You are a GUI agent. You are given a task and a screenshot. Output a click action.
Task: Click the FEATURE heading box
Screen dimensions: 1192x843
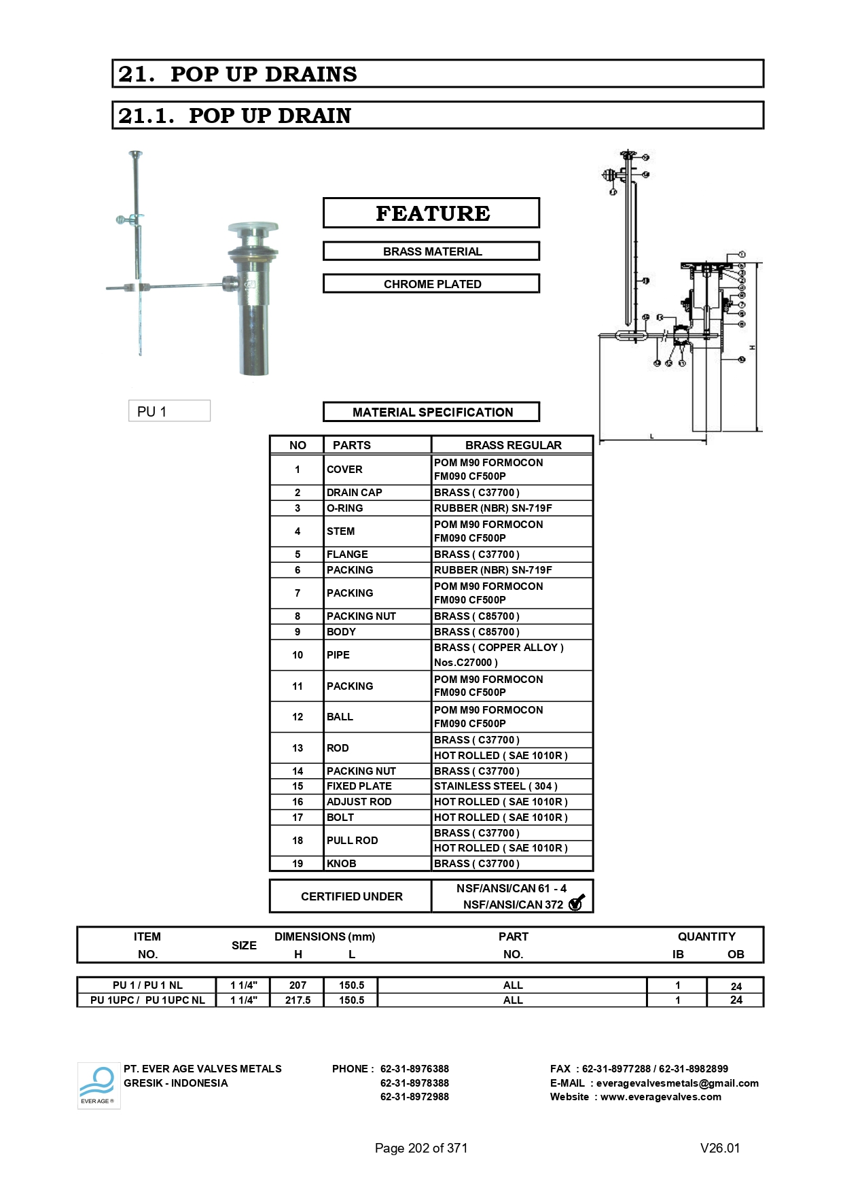pos(431,213)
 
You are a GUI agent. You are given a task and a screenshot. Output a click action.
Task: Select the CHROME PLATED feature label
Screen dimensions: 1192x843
pos(431,284)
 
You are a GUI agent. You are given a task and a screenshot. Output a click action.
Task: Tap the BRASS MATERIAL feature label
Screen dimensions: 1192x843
pos(431,251)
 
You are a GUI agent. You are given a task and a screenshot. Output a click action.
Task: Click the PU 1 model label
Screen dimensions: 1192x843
pos(169,411)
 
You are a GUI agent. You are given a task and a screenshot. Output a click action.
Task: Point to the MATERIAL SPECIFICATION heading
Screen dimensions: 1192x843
pos(431,413)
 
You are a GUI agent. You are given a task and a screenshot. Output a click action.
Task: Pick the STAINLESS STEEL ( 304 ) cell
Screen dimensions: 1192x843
pos(495,786)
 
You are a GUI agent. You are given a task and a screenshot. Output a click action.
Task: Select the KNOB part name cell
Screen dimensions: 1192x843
pos(342,864)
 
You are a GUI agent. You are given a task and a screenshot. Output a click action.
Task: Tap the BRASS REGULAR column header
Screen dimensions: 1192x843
pos(513,445)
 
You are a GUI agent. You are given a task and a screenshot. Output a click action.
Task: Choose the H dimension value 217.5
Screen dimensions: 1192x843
pos(298,1000)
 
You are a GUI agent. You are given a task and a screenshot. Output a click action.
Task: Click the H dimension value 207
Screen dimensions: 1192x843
pos(298,985)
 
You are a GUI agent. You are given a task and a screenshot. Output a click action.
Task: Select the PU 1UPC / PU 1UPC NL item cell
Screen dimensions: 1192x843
pos(147,1000)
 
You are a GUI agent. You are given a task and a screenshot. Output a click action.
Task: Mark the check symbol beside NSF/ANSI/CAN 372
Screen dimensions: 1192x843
pos(576,903)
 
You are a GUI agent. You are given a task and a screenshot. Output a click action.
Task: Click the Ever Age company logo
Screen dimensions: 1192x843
pos(98,1085)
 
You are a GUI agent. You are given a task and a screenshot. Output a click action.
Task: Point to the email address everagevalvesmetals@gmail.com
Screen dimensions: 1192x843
pos(677,1083)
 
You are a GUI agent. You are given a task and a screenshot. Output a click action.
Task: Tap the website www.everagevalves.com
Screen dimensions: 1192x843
pos(660,1097)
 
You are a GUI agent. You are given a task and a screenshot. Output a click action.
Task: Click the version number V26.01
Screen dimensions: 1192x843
pos(719,1148)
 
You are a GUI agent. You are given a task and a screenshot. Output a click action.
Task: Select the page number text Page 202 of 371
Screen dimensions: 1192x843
pos(421,1148)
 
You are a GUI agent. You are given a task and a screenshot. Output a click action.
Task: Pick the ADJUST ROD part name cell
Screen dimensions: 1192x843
pos(359,802)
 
